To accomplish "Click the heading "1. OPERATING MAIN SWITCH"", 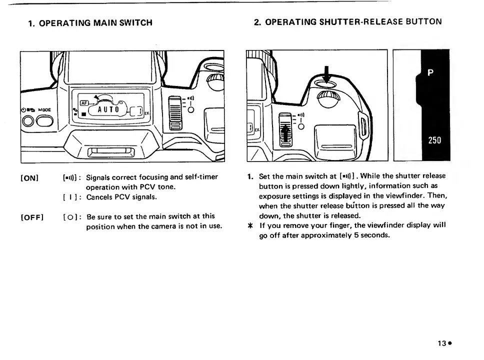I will pos(90,22).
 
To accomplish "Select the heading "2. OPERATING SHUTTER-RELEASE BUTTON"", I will pos(348,21).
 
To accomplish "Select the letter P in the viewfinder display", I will pos(429,71).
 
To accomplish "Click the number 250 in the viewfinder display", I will pos(433,140).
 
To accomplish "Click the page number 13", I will pos(441,343).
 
